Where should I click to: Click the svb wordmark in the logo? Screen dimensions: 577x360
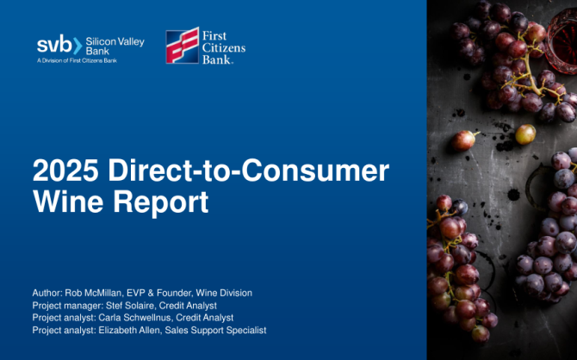[54, 45]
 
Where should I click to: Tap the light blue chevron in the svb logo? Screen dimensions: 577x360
[78, 46]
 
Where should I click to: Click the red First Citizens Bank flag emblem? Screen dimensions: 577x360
[183, 46]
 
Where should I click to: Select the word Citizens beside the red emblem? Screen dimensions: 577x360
[224, 48]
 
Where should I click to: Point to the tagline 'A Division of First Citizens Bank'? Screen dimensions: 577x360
[77, 61]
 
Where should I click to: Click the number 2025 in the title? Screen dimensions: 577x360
[65, 170]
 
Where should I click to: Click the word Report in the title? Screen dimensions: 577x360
[160, 202]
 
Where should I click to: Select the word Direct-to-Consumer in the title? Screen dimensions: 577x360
[248, 170]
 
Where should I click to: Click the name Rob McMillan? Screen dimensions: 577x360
[93, 293]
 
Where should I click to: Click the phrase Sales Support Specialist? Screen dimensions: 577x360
[215, 330]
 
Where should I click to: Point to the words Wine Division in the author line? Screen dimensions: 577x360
[224, 293]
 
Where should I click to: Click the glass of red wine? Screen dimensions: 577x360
[561, 40]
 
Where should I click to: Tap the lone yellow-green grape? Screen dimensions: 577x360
[525, 134]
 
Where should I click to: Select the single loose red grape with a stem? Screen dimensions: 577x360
[464, 140]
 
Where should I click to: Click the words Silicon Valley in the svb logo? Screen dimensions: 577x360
[115, 42]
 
